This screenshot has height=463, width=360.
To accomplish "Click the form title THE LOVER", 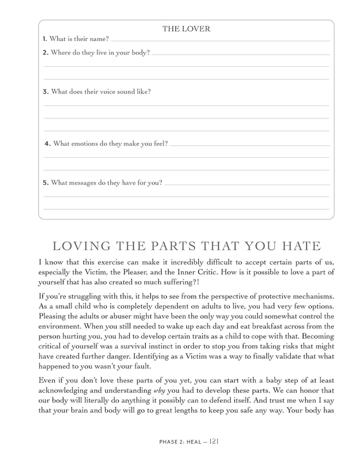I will pos(186,29).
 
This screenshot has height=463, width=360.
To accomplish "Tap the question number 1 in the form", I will pos(45,39).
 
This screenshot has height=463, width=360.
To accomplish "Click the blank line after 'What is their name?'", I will pos(219,41).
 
